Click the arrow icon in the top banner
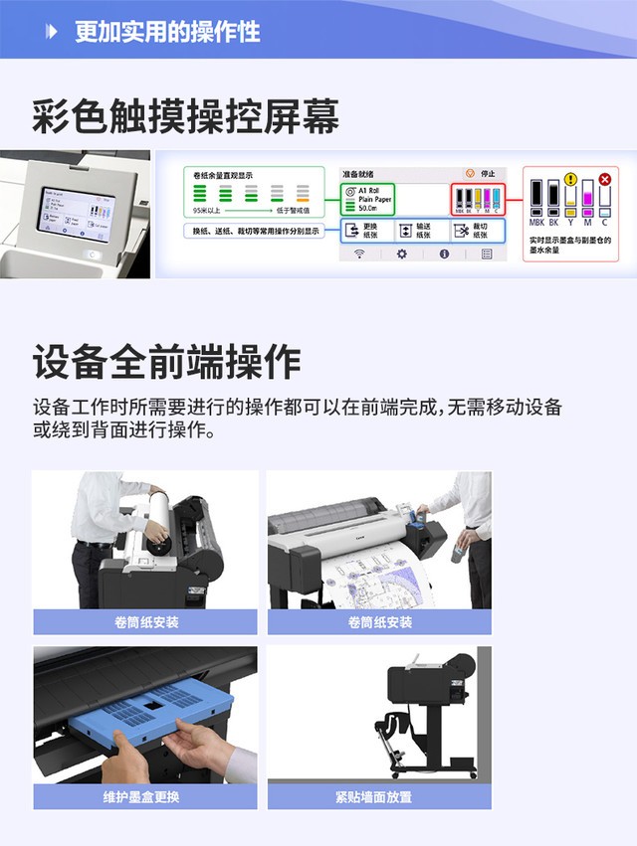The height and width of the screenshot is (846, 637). [52, 32]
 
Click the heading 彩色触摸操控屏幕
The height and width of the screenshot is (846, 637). [186, 116]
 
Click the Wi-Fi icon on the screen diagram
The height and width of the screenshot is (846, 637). [359, 254]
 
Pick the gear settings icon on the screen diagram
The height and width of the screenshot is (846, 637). [402, 254]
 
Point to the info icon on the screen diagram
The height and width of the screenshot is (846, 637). [444, 254]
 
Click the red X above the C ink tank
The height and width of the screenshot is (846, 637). [604, 179]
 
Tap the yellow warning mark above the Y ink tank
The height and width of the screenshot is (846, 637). [570, 180]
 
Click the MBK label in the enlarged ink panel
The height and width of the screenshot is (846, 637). [537, 223]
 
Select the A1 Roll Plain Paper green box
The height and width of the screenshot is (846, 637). [368, 197]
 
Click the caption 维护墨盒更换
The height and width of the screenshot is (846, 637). [146, 796]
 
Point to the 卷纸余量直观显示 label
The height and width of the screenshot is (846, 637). [224, 175]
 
